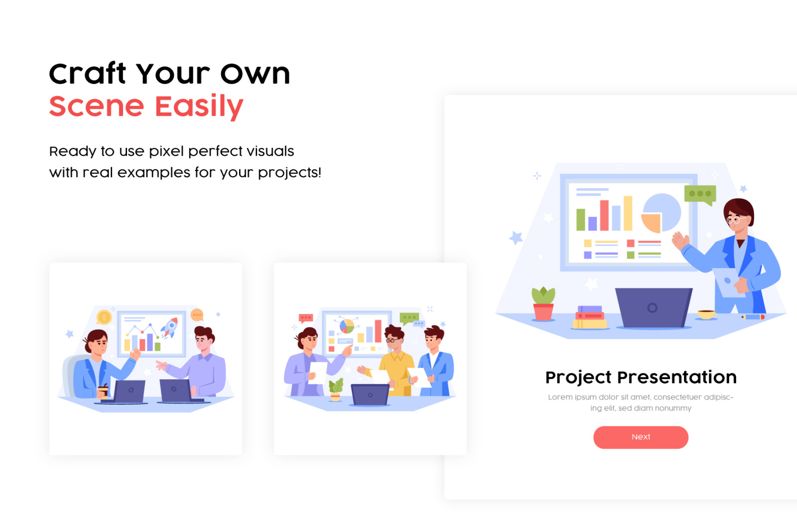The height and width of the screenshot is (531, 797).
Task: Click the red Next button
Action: click(641, 437)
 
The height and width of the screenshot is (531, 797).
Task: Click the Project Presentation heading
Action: click(641, 377)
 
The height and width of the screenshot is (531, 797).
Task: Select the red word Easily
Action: click(199, 106)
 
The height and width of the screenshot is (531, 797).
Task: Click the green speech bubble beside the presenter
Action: click(700, 195)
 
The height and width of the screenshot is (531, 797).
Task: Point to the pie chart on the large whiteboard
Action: click(661, 212)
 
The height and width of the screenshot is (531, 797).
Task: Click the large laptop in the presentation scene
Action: click(654, 308)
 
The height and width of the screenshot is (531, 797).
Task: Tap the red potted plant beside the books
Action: click(543, 304)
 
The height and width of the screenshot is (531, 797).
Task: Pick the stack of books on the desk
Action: click(590, 318)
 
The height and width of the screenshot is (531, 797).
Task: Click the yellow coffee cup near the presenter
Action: click(707, 314)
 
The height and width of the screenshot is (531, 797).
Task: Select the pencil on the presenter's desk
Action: click(753, 317)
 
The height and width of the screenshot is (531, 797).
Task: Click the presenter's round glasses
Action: click(735, 219)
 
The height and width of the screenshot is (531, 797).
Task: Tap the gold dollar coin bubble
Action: click(104, 317)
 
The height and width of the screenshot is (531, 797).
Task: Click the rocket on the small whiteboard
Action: click(170, 327)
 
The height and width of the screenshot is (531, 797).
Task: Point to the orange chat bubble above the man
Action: click(197, 315)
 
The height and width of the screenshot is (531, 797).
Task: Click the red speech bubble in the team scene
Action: click(306, 318)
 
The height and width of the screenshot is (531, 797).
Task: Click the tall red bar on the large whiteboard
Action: click(604, 215)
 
